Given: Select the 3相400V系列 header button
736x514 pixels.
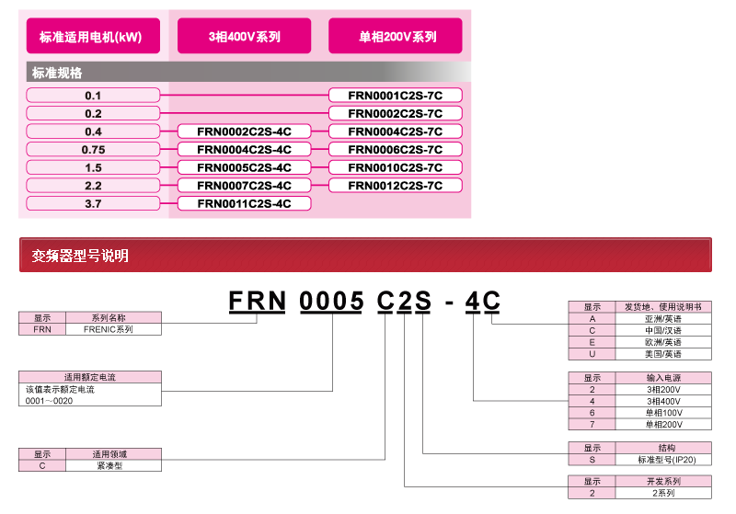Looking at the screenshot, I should (244, 37).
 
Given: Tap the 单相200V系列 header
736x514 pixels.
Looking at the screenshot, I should (396, 37).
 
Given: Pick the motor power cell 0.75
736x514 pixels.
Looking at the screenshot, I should (93, 149).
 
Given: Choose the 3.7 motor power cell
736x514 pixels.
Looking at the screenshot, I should (93, 203).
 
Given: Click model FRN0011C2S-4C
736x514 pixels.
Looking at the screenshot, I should (244, 203).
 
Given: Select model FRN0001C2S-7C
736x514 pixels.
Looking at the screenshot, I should (396, 95).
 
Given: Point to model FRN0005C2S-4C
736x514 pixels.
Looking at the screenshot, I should (244, 167).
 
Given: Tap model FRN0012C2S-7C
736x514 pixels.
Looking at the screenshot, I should (396, 186).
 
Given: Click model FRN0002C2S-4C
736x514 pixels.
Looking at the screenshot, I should (244, 131).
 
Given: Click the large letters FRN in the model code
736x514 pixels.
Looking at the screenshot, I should (259, 302).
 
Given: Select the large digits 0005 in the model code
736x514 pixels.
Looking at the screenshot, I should (332, 302).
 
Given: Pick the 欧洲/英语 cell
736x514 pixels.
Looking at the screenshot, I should (662, 341).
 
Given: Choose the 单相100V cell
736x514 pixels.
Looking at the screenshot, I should (662, 413).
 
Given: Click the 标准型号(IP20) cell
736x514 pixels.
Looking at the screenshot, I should (662, 459).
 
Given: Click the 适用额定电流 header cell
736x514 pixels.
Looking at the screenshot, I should (90, 377).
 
